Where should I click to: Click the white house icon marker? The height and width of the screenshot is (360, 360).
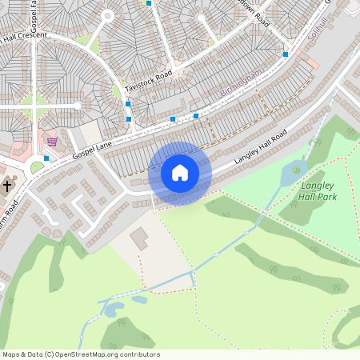click(179, 173)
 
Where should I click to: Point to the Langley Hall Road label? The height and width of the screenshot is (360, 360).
click(260, 148)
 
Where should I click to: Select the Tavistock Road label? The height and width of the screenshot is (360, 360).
click(149, 81)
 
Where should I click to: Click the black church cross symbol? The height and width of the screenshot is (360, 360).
click(7, 186)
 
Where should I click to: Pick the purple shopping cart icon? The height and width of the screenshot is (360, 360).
click(52, 142)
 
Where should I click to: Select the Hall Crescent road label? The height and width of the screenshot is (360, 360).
click(24, 36)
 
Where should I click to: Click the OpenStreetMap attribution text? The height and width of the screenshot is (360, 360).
click(81, 354)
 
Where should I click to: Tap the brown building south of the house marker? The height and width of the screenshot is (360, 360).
click(139, 238)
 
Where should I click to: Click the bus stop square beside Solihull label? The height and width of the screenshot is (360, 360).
click(286, 54)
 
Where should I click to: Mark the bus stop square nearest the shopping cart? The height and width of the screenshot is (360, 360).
click(47, 158)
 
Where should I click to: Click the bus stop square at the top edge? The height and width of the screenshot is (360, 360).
click(148, 3)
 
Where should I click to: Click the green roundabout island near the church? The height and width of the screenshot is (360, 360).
click(37, 167)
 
